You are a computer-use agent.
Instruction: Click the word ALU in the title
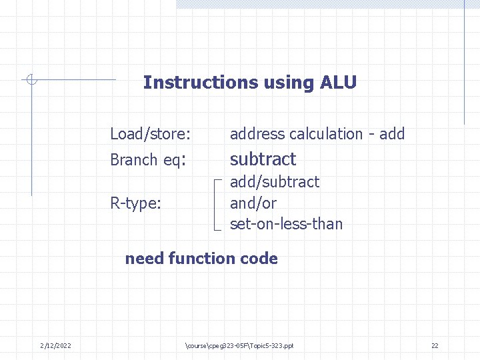point(339,83)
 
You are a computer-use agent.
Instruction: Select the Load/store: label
point(150,134)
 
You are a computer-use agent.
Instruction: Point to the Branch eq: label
point(147,160)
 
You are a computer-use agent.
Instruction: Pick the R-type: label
point(135,203)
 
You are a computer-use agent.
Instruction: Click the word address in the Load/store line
point(257,134)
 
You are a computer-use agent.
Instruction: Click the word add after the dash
point(392,134)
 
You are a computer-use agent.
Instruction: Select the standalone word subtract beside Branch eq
point(263,159)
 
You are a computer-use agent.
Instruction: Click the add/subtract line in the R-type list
point(275,182)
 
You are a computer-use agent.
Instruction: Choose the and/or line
point(253,203)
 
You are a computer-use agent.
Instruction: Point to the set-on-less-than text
point(286,224)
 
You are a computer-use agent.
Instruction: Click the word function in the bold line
point(202,259)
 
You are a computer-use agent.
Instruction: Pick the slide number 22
point(435,345)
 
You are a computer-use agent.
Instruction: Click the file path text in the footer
point(239,345)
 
